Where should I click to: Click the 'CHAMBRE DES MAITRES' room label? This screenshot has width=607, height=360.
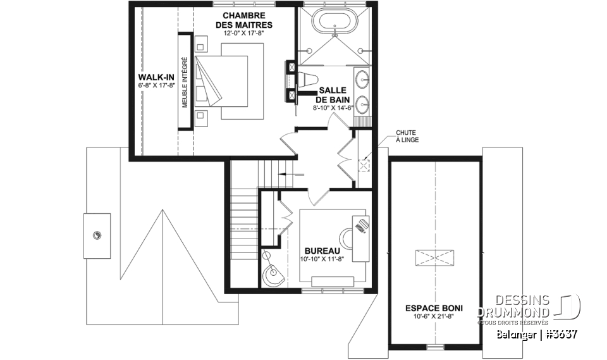click(243, 20)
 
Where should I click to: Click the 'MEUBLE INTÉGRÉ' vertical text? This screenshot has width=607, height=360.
click(186, 82)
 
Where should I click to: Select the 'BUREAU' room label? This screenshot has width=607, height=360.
click(321, 251)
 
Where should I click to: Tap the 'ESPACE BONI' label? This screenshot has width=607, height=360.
click(433, 308)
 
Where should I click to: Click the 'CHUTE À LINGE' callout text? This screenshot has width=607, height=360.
click(407, 135)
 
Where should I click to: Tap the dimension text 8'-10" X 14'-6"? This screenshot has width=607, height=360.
click(333, 108)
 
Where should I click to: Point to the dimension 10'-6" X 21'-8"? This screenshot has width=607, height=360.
click(433, 317)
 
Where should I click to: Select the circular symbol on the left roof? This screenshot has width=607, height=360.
click(97, 235)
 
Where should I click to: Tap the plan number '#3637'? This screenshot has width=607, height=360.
click(559, 333)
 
